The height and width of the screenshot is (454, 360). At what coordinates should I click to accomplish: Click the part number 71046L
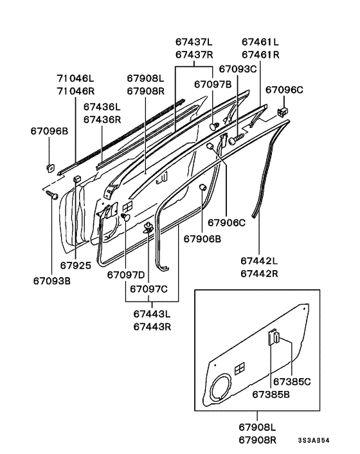[x=75, y=78]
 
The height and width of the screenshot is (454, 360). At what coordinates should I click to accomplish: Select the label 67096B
[x=50, y=131]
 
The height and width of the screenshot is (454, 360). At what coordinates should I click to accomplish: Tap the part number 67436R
[x=102, y=120]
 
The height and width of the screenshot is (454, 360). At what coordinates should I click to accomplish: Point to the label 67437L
[x=194, y=42]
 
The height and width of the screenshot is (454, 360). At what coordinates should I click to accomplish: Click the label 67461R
[x=260, y=55]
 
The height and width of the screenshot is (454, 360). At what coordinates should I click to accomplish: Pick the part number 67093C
[x=238, y=69]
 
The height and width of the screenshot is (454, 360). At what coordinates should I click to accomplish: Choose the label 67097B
[x=213, y=84]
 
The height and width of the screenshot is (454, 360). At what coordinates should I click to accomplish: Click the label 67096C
[x=284, y=90]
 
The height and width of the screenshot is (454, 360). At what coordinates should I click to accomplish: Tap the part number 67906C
[x=226, y=222]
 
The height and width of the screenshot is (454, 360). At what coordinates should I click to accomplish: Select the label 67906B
[x=203, y=239]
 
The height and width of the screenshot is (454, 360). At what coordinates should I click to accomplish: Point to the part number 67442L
[x=259, y=261]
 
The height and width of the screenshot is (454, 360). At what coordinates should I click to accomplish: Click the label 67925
[x=75, y=266]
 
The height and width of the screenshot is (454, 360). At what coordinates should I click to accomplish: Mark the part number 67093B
[x=52, y=281]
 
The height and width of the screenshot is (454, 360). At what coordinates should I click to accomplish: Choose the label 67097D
[x=125, y=275]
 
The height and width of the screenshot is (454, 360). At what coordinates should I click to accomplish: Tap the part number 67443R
[x=152, y=327]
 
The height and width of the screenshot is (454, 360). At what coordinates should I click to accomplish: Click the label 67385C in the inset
[x=292, y=382]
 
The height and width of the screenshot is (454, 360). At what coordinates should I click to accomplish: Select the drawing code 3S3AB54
[x=314, y=440]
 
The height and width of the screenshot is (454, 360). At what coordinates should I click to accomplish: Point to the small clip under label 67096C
[x=283, y=112]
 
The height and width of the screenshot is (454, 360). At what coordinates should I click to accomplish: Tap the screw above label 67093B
[x=52, y=195]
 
